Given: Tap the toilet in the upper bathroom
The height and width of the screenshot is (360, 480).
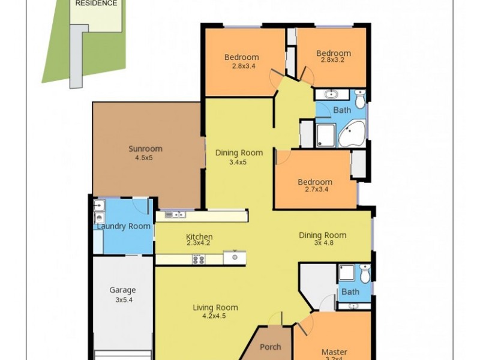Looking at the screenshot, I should click(x=359, y=98).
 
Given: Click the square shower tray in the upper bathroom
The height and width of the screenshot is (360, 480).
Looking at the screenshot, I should click(x=326, y=134).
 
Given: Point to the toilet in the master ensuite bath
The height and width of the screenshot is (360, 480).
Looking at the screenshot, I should click(x=365, y=274).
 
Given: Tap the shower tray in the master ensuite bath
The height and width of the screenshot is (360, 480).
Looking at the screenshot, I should click(x=347, y=273).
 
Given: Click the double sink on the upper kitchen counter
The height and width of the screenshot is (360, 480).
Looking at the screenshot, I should click(x=175, y=215).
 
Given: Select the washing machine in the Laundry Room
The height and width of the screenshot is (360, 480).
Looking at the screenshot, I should click(x=99, y=217).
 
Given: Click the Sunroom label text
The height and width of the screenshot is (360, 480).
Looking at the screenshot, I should click(x=145, y=149).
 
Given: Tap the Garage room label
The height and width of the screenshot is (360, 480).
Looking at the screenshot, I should click(x=122, y=290).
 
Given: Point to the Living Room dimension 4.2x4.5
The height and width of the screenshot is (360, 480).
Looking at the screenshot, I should click(x=215, y=317).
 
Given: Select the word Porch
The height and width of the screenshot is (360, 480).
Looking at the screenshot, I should click(x=270, y=347).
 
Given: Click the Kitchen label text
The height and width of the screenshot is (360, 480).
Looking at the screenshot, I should click(x=199, y=237).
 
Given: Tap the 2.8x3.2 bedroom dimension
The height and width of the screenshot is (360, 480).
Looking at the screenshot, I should click(x=334, y=61).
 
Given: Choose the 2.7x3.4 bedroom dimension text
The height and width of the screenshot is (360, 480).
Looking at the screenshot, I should click(x=315, y=191).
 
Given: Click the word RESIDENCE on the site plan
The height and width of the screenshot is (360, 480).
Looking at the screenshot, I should click(x=96, y=3).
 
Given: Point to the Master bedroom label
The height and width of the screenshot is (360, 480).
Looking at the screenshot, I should click(x=334, y=352).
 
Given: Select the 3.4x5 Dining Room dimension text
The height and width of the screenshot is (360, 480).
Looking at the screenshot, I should click(x=239, y=162).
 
